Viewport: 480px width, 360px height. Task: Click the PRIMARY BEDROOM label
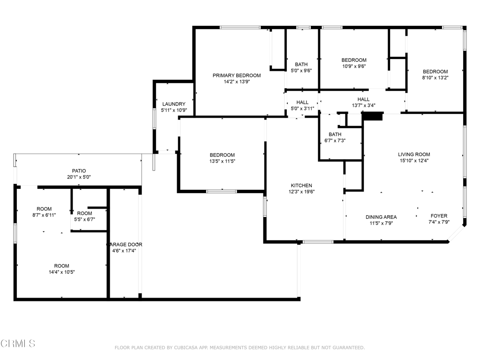pos(237,75)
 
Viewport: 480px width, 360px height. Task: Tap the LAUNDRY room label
pos(174,104)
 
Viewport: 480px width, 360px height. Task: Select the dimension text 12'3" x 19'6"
pos(301,192)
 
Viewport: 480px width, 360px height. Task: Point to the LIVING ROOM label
pos(414,154)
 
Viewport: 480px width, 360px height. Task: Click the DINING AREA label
pos(381,217)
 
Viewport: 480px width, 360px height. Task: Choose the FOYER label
pos(439,216)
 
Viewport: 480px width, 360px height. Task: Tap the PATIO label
pos(79,171)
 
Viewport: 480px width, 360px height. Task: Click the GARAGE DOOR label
pos(124,245)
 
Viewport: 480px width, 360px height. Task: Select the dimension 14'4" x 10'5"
pos(62,272)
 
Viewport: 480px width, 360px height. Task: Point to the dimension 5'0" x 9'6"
pos(301,70)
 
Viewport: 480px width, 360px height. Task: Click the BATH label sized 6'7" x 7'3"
pos(335,135)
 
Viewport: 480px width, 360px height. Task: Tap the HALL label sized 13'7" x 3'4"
pos(363,99)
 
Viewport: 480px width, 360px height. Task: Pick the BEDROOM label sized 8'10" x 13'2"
pos(435,72)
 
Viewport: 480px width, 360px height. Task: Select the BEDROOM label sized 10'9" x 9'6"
pos(354,60)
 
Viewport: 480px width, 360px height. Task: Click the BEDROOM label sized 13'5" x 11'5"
pos(222,155)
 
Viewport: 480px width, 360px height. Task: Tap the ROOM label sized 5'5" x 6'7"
pos(84,213)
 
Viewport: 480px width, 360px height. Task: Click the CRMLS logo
pos(18,344)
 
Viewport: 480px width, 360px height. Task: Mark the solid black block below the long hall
pos(372,116)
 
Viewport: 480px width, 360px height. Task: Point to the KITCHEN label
pos(301,186)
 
